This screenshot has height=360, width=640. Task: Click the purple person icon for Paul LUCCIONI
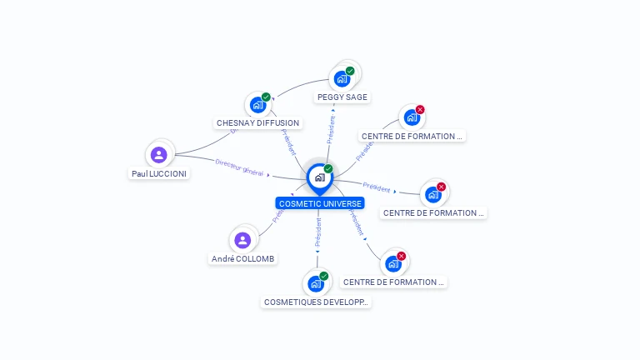click(159, 154)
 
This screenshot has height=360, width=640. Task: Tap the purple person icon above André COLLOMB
click(242, 240)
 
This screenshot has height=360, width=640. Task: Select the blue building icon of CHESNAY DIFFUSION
click(257, 105)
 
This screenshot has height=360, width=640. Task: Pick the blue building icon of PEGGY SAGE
click(341, 79)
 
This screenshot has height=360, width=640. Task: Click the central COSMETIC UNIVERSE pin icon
click(319, 177)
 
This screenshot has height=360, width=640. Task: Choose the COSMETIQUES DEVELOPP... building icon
click(316, 283)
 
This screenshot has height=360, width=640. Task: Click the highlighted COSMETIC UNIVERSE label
click(320, 203)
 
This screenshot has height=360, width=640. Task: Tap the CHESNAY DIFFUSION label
click(257, 122)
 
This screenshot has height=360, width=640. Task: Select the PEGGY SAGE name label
click(342, 97)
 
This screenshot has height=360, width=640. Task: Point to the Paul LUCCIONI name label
click(159, 173)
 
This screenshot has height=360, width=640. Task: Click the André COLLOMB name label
click(242, 258)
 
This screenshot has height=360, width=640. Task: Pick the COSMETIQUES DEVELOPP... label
click(316, 302)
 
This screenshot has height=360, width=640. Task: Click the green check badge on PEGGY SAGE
click(350, 71)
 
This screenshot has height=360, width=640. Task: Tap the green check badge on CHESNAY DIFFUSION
click(266, 97)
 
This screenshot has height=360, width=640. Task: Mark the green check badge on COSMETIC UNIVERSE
click(328, 168)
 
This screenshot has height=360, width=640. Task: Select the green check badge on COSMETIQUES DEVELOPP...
click(324, 276)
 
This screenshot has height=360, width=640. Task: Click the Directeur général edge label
click(239, 167)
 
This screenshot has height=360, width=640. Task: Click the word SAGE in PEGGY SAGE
click(356, 97)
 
